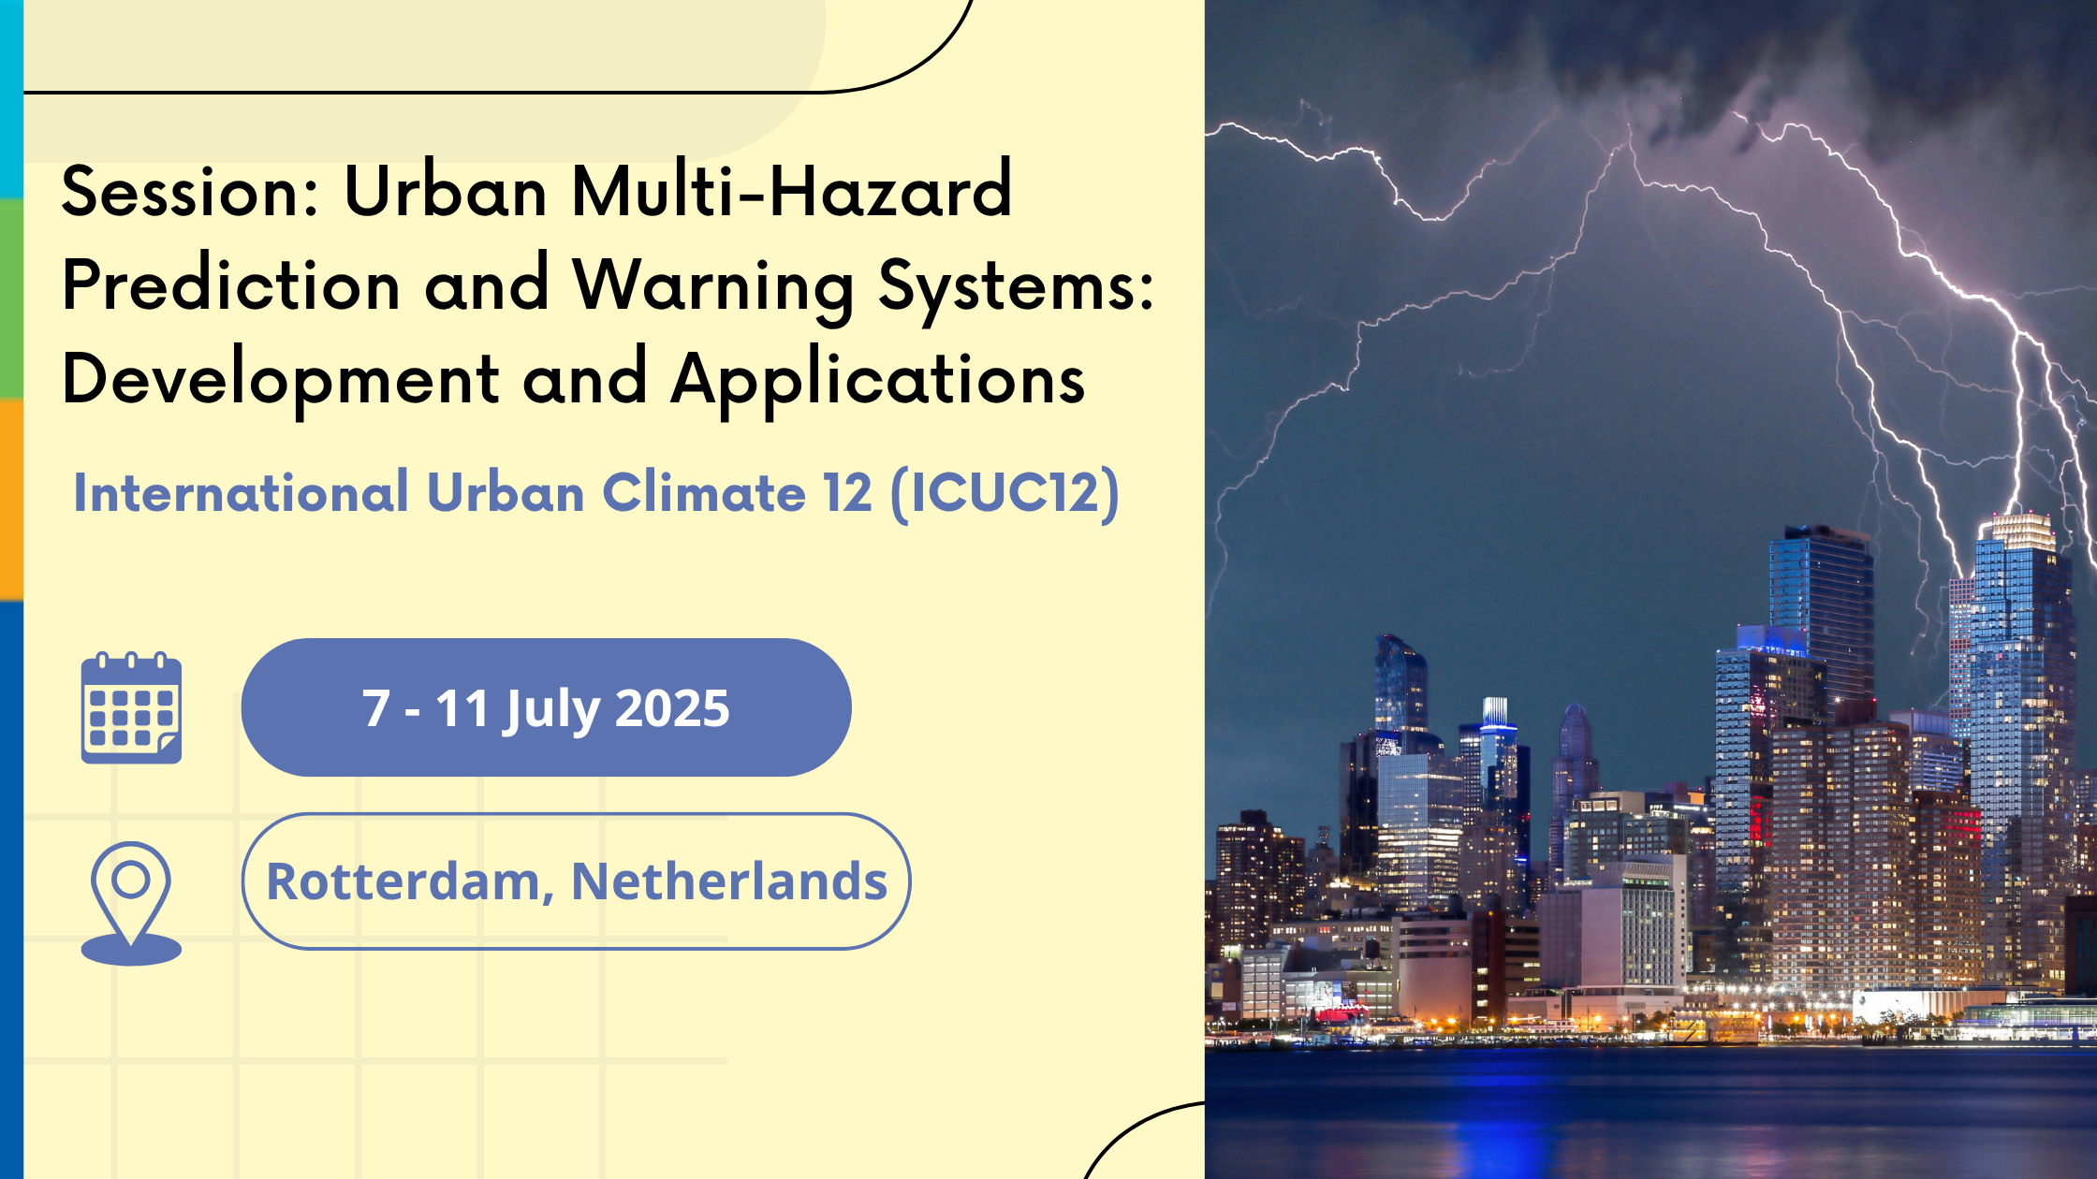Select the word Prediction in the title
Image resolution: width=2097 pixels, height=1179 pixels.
click(x=231, y=284)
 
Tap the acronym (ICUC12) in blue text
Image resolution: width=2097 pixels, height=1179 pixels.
click(x=1005, y=493)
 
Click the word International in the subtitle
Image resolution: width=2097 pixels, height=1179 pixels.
click(x=242, y=492)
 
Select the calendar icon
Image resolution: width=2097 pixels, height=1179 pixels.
click(x=131, y=707)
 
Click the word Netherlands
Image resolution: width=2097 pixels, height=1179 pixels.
click(x=729, y=881)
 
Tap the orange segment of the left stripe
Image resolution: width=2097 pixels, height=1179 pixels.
click(x=11, y=501)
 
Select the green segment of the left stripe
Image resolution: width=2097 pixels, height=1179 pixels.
click(x=11, y=299)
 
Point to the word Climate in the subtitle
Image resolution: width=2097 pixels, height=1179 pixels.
click(x=704, y=492)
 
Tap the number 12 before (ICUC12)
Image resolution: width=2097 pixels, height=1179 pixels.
click(x=848, y=493)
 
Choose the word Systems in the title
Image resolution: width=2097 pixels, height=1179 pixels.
click(x=1017, y=288)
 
